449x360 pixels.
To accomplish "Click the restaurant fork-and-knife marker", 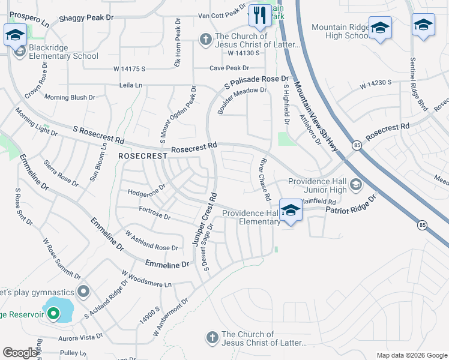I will pos(259,16).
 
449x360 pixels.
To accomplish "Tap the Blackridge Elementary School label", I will pos(62,56).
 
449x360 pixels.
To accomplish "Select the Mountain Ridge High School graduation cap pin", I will pos(380,28).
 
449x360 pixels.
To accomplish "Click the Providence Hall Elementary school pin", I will pos(291,211).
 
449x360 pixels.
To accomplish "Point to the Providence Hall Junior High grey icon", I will pos(356,184).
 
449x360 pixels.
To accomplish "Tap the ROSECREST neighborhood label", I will pos(142,156).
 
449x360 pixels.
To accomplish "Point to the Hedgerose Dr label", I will pos(146,193).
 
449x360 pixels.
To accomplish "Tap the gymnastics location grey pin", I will pos(83,292).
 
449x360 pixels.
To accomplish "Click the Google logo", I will pos(20,353).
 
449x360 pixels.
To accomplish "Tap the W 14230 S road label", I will pos(376,82).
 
